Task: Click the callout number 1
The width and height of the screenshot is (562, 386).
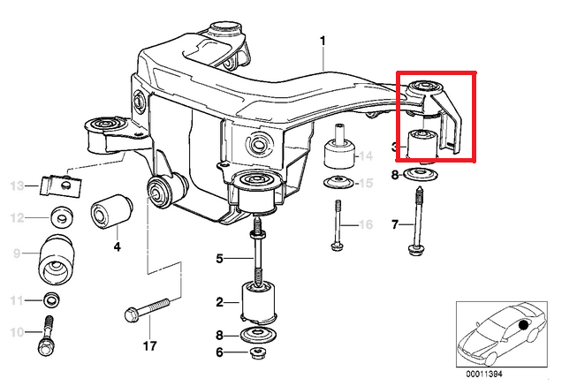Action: [x=323, y=41]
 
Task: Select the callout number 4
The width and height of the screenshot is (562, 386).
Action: [x=117, y=247]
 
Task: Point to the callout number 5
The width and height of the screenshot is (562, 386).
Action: [x=221, y=259]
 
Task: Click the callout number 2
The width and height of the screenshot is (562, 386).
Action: [x=220, y=303]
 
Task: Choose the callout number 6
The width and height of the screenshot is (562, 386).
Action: [x=220, y=352]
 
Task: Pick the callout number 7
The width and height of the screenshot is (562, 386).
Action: [x=395, y=225]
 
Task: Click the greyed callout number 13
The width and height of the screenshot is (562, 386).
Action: [x=16, y=185]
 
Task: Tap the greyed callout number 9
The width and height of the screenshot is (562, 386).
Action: [x=16, y=254]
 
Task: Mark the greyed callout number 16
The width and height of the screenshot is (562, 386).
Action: [x=367, y=225]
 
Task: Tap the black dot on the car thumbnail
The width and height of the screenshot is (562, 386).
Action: [x=524, y=325]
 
